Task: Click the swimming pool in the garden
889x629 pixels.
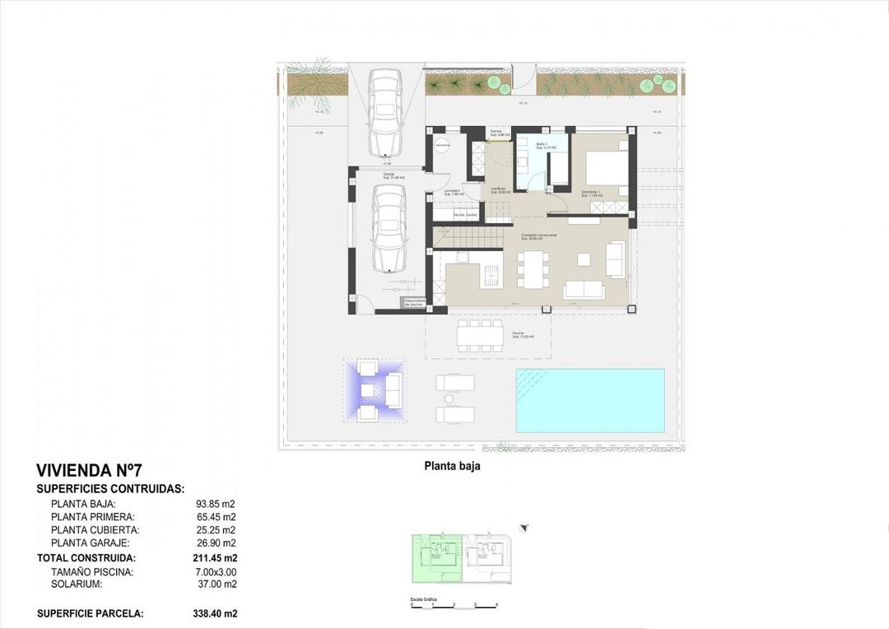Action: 589,400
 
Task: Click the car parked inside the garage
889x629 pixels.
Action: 389,227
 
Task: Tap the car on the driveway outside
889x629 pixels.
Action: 384,111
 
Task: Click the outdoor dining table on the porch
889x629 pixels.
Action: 480,335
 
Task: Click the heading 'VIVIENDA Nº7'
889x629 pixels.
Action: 89,471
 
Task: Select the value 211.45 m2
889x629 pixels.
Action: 214,557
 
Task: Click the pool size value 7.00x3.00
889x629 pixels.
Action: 214,571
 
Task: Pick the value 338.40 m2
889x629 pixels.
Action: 215,613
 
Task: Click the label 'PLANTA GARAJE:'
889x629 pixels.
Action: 90,543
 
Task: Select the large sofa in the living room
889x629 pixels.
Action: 584,290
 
